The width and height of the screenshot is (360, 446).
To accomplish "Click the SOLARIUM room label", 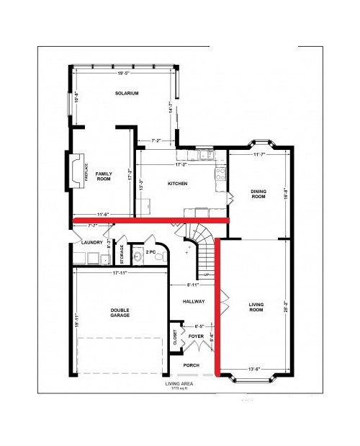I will (126, 94).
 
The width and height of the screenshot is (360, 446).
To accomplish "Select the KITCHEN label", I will (177, 184).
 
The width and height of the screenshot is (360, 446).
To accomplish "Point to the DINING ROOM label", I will (258, 194).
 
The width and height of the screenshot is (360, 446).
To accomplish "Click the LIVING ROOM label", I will (256, 307).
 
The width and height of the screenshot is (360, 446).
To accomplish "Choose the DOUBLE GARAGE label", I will (120, 313).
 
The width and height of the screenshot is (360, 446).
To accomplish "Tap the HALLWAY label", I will (194, 301).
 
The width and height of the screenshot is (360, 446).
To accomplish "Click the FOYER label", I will (196, 336).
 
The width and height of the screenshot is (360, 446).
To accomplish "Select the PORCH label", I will (192, 365).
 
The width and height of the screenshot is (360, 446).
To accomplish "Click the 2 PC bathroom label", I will (152, 253).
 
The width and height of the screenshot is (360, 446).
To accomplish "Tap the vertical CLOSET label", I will (175, 338).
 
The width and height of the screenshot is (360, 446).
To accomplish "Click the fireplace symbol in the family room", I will (76, 171).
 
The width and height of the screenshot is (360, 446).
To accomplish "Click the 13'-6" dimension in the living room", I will (256, 370).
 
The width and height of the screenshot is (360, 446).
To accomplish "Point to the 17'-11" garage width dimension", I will (120, 273).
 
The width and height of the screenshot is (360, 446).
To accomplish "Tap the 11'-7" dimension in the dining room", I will (260, 154).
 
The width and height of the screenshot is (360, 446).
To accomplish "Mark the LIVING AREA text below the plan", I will (181, 383).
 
